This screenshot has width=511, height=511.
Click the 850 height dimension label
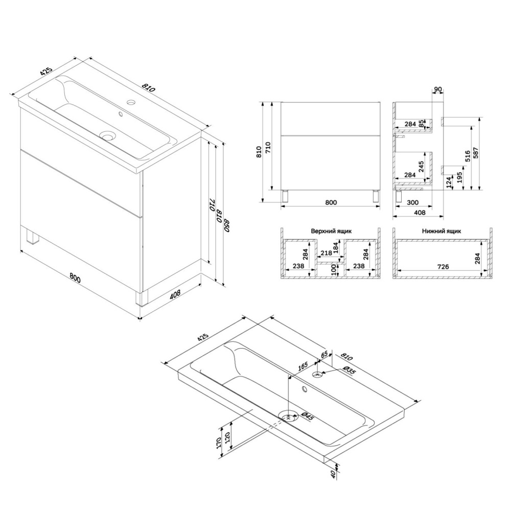pos(227,224)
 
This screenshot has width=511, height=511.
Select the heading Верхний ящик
pos(331,231)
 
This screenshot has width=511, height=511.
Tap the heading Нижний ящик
pos(442,231)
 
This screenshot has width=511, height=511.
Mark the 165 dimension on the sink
pos(303,366)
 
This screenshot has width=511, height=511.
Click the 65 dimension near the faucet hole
pos(324,355)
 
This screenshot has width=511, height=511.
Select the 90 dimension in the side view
pos(438,89)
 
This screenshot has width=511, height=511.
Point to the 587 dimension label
pos(476,153)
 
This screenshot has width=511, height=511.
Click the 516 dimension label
pos(468,156)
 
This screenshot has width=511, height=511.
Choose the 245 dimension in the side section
pos(422,167)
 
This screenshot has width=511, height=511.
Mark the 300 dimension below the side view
pos(412,202)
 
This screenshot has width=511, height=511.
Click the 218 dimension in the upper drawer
pos(326,252)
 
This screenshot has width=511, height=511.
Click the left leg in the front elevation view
pos(286,197)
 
